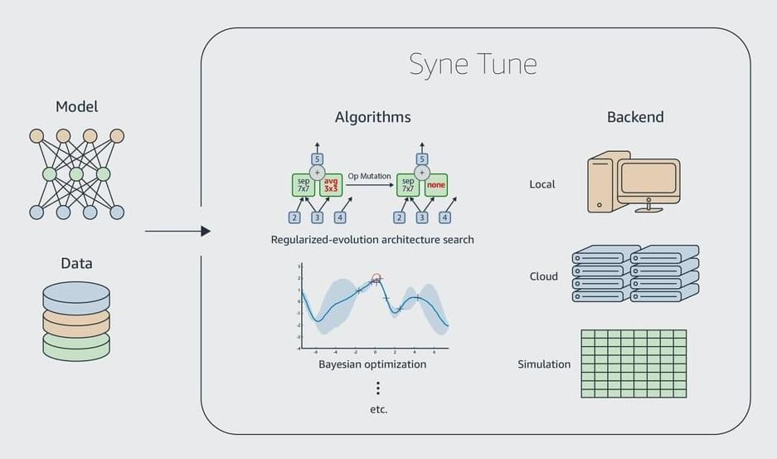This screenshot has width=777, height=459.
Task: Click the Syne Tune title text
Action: click(x=473, y=64)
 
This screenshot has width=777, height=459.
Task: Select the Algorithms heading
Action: click(x=372, y=117)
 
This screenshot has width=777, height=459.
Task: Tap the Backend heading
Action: click(x=635, y=117)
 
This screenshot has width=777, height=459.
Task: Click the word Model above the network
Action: click(x=76, y=106)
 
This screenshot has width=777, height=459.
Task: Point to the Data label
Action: click(x=76, y=263)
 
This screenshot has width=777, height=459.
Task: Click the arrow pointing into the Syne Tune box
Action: click(x=177, y=231)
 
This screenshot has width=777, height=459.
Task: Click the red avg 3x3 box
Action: click(x=330, y=184)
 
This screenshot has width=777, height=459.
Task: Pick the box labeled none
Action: click(x=437, y=184)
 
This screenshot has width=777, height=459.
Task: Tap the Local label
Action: click(x=541, y=183)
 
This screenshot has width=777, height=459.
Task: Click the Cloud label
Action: click(x=544, y=276)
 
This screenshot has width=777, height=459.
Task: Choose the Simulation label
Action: click(x=544, y=364)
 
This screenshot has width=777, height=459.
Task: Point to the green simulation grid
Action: click(x=634, y=364)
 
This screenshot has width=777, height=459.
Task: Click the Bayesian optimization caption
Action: click(x=372, y=364)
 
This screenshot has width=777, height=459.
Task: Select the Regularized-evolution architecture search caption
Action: click(x=372, y=240)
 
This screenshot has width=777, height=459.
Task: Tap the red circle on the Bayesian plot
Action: click(x=376, y=278)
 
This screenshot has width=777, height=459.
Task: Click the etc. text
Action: click(x=378, y=409)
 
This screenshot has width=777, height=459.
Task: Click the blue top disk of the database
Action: click(x=76, y=293)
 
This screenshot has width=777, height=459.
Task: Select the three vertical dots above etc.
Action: click(x=378, y=388)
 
